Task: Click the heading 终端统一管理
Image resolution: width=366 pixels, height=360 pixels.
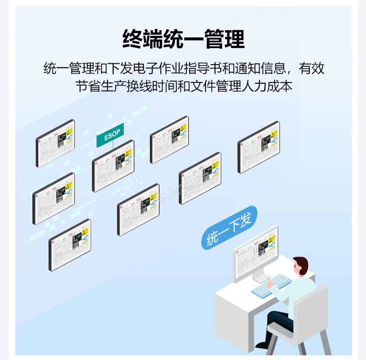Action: point(183,40)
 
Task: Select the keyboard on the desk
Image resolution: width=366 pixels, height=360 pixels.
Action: point(271,285)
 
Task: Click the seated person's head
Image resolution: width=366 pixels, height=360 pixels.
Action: point(300,267)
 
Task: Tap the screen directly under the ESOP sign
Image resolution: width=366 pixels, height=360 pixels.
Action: point(113,166)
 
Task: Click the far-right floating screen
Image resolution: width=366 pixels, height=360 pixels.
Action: point(258,147)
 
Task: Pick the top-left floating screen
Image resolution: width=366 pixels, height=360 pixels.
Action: point(55,143)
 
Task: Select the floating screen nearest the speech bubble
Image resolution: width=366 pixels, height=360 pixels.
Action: point(200,178)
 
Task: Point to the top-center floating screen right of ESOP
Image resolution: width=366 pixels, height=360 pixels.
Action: point(169,139)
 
